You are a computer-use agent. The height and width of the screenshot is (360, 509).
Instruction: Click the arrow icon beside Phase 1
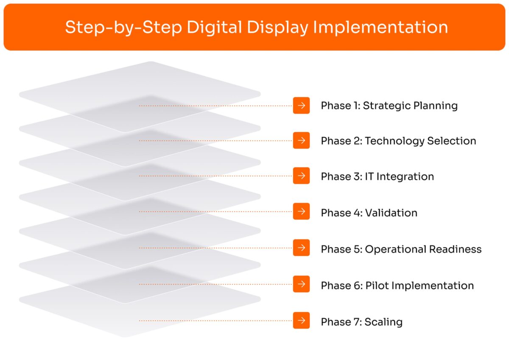click(x=301, y=106)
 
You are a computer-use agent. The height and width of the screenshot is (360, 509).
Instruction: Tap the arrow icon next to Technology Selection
click(x=301, y=140)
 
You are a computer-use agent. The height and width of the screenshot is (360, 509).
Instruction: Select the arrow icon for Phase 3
click(x=301, y=176)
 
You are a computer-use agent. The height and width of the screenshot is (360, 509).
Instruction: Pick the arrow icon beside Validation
click(x=301, y=211)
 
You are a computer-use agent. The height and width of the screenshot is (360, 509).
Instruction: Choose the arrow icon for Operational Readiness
click(x=301, y=248)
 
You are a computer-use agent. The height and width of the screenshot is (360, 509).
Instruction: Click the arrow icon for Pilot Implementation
click(x=301, y=284)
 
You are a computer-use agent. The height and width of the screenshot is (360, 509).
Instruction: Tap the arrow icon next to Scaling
click(x=301, y=320)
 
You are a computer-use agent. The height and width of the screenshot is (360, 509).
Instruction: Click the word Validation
click(x=391, y=212)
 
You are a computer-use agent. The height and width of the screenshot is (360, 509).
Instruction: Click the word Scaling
click(x=383, y=322)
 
